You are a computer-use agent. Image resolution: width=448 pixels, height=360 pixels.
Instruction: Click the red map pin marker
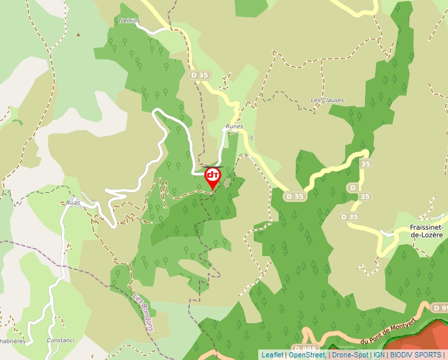pyautogui.click(x=212, y=176)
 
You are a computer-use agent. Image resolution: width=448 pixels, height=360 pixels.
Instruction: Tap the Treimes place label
pyautogui.click(x=128, y=21)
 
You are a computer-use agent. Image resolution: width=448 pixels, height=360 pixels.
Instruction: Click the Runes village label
pyautogui.click(x=234, y=126)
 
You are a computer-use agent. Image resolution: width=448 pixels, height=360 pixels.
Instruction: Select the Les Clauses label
pyautogui.click(x=327, y=100)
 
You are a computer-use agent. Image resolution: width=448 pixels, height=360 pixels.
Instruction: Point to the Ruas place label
pyautogui.click(x=72, y=203)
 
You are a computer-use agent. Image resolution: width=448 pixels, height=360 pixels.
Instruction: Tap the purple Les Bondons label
pyautogui.click(x=143, y=312)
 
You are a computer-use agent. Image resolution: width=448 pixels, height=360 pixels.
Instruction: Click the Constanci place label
pyautogui.click(x=61, y=340)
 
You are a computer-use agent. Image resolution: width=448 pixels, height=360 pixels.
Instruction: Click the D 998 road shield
pyautogui.click(x=305, y=348)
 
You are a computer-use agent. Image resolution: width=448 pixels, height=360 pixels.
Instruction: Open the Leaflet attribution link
pyautogui.click(x=272, y=355)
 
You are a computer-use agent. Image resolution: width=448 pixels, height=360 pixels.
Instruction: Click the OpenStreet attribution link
pyautogui.click(x=306, y=355)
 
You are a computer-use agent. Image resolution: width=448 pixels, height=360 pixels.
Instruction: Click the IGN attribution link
pyautogui.click(x=379, y=355)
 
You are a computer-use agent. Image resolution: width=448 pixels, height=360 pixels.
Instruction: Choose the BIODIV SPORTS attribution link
pyautogui.click(x=416, y=355)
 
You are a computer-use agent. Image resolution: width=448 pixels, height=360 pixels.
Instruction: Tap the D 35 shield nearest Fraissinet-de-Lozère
pyautogui.click(x=350, y=217)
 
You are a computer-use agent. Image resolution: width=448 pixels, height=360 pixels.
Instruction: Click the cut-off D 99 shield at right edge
pyautogui.click(x=439, y=308)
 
